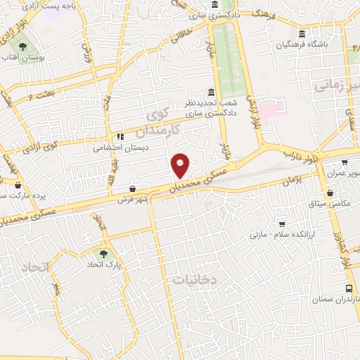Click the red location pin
point(181,165)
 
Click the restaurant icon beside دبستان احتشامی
point(120,136)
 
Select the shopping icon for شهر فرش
point(133,188)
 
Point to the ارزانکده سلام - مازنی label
point(281,233)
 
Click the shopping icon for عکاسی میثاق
point(330,193)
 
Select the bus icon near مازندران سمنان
point(349,288)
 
